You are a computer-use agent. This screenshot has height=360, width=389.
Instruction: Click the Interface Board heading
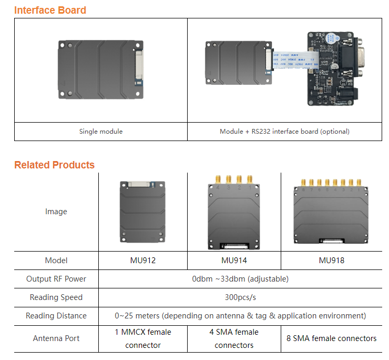pyautogui.click(x=50, y=10)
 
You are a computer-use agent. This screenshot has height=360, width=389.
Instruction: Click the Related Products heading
pyautogui.click(x=54, y=165)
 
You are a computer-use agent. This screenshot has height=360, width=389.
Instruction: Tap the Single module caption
pyautogui.click(x=101, y=131)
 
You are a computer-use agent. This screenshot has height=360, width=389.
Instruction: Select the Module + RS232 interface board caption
pyautogui.click(x=284, y=131)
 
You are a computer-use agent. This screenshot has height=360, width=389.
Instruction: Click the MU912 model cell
pyautogui.click(x=142, y=261)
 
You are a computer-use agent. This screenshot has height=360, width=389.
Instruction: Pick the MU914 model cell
pyautogui.click(x=234, y=261)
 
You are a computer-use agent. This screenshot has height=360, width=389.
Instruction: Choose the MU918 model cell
pyautogui.click(x=332, y=261)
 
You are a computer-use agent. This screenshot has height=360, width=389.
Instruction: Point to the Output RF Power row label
pyautogui.click(x=56, y=279)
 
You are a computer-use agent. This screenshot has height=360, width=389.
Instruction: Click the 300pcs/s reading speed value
pyautogui.click(x=240, y=297)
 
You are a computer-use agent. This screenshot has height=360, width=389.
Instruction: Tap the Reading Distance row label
pyautogui.click(x=56, y=316)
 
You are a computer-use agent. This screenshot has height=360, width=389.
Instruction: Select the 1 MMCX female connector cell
pyautogui.click(x=143, y=338)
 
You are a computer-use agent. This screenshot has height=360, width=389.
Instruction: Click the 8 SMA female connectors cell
pyautogui.click(x=332, y=338)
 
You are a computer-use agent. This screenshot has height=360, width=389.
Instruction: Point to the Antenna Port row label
pyautogui.click(x=56, y=338)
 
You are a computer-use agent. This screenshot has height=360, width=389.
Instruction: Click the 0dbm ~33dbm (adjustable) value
pyautogui.click(x=240, y=279)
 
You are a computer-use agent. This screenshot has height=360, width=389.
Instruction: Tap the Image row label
pyautogui.click(x=56, y=212)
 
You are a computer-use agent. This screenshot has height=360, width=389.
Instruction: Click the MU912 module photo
pyautogui.click(x=142, y=212)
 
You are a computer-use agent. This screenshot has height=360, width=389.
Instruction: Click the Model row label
pyautogui.click(x=56, y=261)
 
